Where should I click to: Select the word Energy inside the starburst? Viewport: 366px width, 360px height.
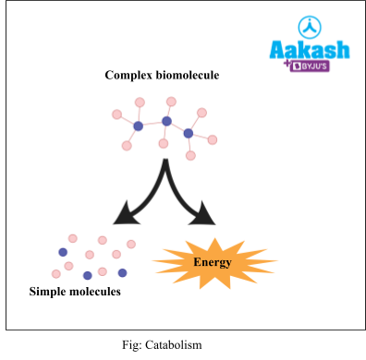[212, 263]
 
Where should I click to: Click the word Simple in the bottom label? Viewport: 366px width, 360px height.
[49, 292]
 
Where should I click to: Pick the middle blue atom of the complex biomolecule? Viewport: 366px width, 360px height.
[166, 121]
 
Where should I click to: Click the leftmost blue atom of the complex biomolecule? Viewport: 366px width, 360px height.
[138, 126]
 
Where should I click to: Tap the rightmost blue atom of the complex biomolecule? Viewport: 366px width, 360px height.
[189, 133]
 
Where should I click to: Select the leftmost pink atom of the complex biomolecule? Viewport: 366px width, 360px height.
[116, 114]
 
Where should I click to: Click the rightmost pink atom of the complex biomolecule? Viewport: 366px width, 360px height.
[213, 139]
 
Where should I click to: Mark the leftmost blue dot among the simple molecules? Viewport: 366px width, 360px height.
[63, 252]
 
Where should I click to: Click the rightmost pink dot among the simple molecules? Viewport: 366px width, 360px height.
[131, 244]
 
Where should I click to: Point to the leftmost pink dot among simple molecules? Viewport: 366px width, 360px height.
[56, 273]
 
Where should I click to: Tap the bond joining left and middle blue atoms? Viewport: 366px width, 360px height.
[152, 124]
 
